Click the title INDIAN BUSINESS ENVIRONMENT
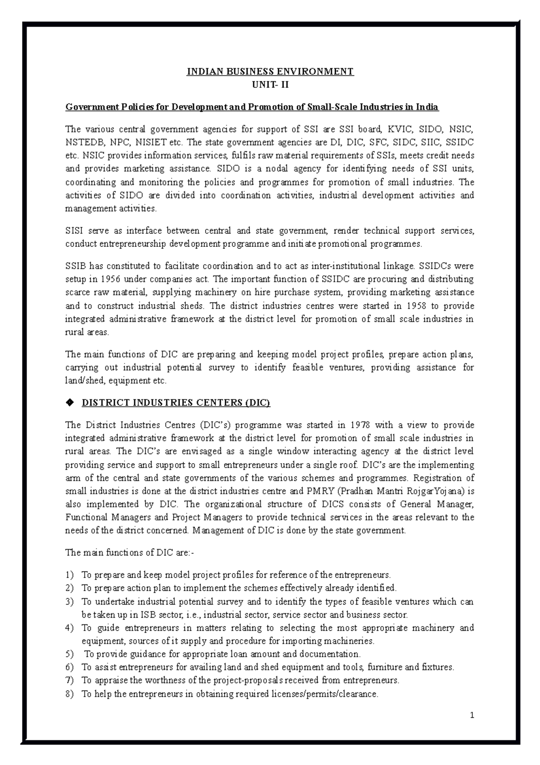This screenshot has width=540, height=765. (x=270, y=71)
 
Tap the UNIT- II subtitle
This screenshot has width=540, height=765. (x=270, y=84)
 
